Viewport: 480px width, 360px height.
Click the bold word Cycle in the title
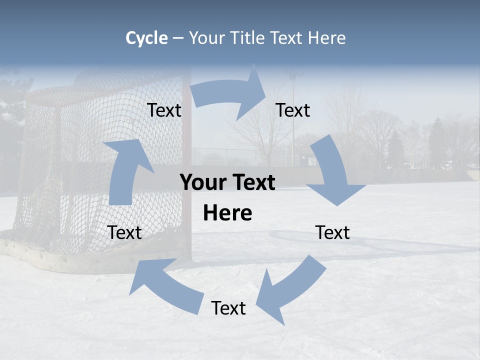click(146, 38)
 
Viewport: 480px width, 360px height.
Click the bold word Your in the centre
click(203, 183)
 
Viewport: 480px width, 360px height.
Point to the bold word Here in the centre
click(227, 213)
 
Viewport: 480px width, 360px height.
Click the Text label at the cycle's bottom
click(228, 308)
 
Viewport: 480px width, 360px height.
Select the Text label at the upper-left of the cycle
click(164, 110)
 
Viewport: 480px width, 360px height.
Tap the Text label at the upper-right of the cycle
click(293, 110)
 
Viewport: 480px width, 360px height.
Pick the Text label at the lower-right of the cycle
click(332, 232)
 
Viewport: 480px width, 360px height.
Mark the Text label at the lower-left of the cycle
click(124, 232)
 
